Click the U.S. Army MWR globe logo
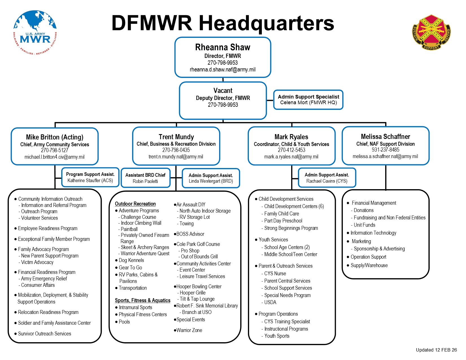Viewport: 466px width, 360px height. point(35,32)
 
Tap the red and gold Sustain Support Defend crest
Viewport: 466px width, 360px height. point(431,32)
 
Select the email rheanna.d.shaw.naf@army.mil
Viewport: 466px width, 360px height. point(223,69)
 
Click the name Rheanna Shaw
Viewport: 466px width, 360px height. point(223,47)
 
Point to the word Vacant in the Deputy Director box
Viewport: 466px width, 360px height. point(223,91)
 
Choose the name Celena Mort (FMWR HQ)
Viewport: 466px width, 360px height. point(308,102)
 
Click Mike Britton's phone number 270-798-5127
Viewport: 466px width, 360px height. point(55,150)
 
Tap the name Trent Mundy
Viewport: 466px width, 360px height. point(176,137)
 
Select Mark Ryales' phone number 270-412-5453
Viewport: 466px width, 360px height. point(291,150)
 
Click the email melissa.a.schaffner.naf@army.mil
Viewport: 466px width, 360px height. point(385,156)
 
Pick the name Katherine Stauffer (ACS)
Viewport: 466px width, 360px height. point(90,180)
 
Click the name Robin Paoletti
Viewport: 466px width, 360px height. point(145,181)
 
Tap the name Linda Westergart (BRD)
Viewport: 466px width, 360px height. point(211,181)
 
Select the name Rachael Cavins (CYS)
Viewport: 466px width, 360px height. point(327,181)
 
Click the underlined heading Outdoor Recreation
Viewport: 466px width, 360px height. point(135,204)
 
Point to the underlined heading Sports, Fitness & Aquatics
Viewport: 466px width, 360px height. point(143,300)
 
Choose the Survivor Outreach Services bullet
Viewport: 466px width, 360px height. point(44,334)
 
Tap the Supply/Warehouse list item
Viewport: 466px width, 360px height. point(369,265)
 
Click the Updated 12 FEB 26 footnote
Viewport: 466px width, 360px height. point(436,350)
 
